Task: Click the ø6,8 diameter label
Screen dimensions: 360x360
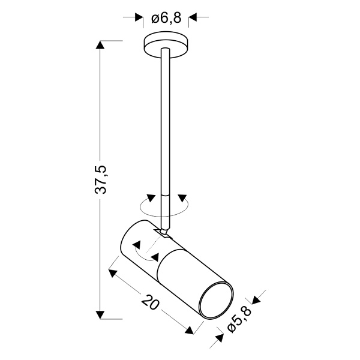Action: tap(166, 19)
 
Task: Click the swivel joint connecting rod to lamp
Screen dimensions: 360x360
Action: tap(163, 230)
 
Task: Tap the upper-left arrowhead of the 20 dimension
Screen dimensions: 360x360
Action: tap(112, 272)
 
